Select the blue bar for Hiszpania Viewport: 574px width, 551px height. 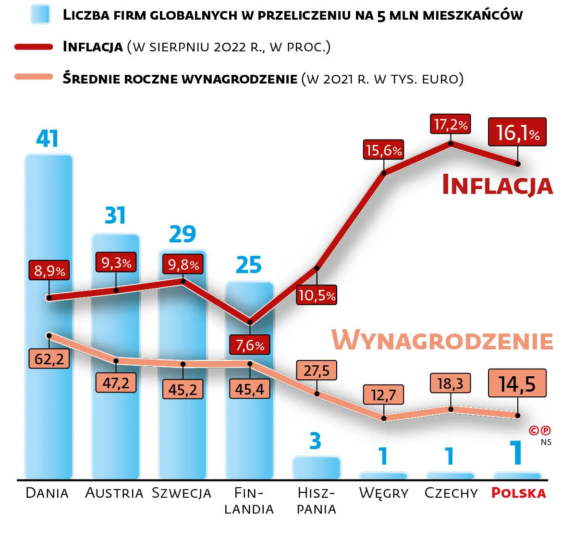click(x=316, y=468)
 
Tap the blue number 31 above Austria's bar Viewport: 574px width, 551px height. click(x=115, y=216)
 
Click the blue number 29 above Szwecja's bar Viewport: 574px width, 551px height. click(x=183, y=234)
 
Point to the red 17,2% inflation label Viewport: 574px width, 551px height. click(x=450, y=125)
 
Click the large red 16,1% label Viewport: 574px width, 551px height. click(x=517, y=132)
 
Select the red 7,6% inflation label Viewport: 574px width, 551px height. click(x=250, y=345)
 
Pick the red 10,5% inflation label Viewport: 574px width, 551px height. click(x=317, y=295)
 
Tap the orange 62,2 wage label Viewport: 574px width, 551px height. click(x=49, y=359)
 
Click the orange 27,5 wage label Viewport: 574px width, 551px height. click(x=317, y=371)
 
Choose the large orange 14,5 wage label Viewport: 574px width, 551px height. click(x=517, y=383)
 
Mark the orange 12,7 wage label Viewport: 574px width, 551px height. click(x=383, y=395)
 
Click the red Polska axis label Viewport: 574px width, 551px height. click(x=518, y=493)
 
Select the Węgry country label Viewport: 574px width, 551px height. click(x=383, y=493)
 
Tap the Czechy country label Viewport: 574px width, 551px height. click(x=451, y=493)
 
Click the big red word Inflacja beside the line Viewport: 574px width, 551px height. click(x=497, y=185)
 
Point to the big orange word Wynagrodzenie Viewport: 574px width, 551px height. click(x=442, y=340)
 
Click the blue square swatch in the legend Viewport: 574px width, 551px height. click(x=40, y=14)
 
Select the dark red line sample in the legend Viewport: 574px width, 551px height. click(x=34, y=47)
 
